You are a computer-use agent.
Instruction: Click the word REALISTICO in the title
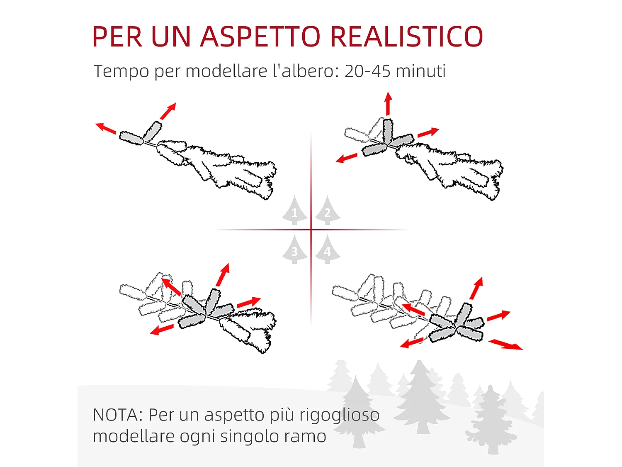point(407,37)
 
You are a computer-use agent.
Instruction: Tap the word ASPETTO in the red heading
point(260,37)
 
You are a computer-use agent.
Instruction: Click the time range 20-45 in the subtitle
point(367,71)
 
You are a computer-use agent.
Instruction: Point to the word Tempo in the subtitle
point(121,71)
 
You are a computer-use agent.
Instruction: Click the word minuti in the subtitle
point(420,71)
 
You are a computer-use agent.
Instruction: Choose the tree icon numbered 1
point(294,210)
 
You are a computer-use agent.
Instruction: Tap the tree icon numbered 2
point(327,210)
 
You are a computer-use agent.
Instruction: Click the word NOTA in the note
point(118,415)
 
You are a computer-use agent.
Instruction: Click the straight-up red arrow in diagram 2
point(388,104)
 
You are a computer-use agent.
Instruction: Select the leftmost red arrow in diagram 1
point(106,128)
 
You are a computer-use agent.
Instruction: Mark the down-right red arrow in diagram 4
point(505,345)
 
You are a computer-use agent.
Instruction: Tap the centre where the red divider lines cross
point(311,230)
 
